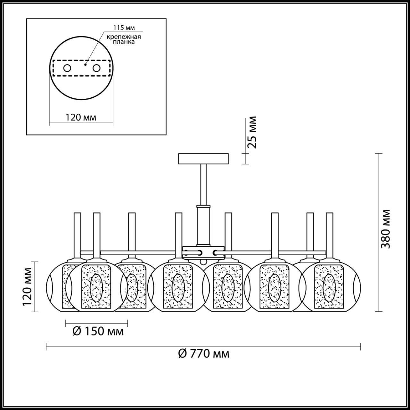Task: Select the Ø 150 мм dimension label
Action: coord(98,331)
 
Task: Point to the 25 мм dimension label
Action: coord(252,132)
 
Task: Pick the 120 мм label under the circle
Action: coord(81,117)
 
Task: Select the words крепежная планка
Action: coord(124,39)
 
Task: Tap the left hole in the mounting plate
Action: coord(67,68)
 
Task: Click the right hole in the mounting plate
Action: coord(96,68)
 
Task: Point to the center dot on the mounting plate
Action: coord(85,64)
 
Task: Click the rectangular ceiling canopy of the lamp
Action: coord(204,159)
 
